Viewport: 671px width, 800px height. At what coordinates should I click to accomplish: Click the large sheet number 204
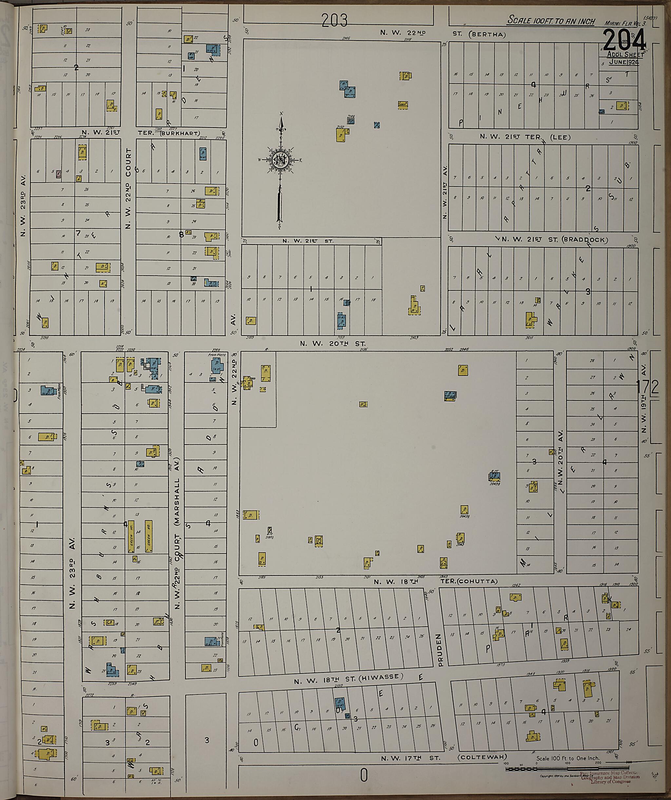click(624, 40)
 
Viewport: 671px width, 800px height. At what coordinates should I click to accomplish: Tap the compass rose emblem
click(280, 160)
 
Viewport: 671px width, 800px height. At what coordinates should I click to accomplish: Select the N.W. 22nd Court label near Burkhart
click(128, 188)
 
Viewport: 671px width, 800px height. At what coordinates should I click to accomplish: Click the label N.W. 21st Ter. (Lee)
click(525, 137)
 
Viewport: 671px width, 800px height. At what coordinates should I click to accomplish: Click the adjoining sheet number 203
click(335, 21)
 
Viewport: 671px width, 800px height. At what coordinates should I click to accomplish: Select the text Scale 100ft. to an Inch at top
click(551, 21)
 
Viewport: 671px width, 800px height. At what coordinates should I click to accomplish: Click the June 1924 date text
click(623, 62)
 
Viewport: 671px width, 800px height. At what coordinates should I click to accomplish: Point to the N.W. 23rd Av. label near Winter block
click(24, 206)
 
